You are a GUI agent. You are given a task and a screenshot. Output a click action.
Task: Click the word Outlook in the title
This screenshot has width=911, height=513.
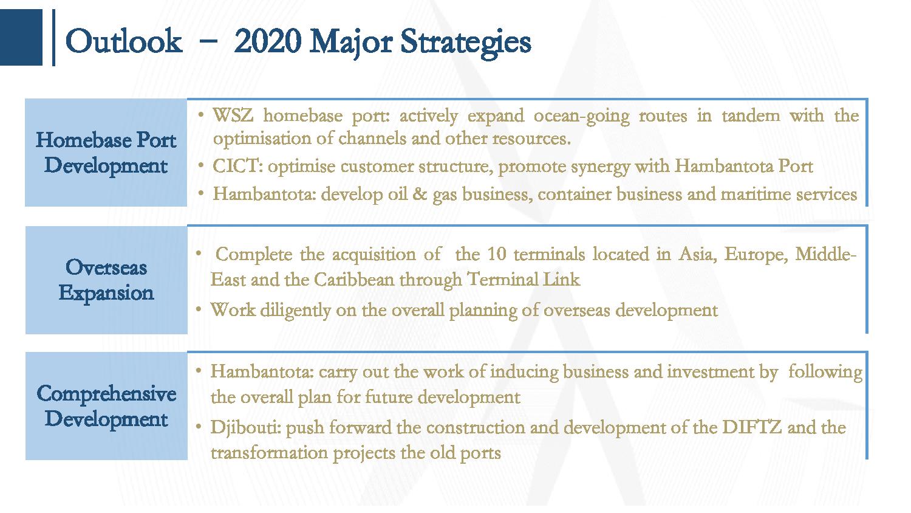[x=124, y=41]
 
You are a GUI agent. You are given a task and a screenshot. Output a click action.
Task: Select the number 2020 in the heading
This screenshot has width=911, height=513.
[x=268, y=41]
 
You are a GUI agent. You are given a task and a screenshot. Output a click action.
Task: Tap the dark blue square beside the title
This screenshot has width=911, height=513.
[x=21, y=38]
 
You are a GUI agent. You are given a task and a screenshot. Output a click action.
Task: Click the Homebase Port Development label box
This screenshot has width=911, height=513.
[x=106, y=153]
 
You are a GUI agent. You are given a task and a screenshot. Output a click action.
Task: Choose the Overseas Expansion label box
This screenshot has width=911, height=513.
[x=106, y=280]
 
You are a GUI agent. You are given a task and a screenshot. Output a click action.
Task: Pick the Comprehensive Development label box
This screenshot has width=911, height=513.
[x=106, y=406]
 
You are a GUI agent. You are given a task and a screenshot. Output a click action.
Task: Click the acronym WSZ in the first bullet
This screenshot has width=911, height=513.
[x=233, y=115]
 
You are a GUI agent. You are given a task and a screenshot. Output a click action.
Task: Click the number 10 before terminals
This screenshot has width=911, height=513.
[x=497, y=255]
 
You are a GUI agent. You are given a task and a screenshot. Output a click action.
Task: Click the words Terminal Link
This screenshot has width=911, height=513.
[x=524, y=280]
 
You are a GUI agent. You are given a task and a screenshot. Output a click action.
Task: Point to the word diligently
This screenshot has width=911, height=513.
[x=295, y=311]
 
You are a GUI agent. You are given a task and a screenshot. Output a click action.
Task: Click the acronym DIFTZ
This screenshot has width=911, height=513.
[x=752, y=427]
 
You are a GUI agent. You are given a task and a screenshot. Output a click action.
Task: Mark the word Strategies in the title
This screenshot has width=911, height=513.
[x=466, y=43]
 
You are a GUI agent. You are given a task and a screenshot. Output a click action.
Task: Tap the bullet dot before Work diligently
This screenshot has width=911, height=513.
[x=199, y=309]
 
